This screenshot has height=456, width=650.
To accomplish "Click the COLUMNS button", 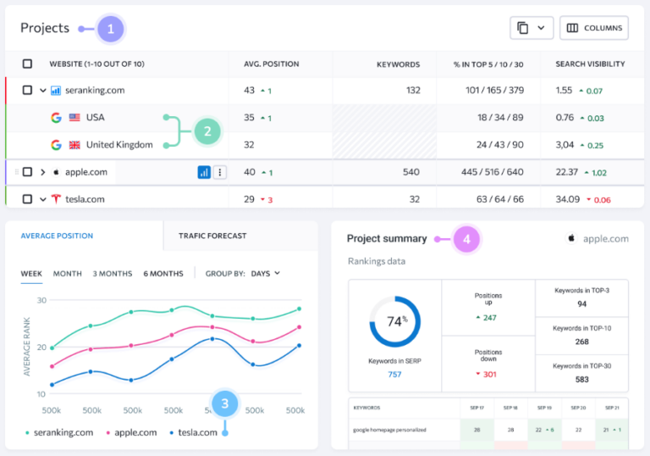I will pos(594,28).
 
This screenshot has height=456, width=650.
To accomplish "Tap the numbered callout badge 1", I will pos(110,29).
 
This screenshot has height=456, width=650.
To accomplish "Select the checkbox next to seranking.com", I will pos(28,90).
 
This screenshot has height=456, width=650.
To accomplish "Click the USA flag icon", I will pos(74,118).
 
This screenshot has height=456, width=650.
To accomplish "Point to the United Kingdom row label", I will pos(119,145).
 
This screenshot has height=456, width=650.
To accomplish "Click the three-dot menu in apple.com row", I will pos(220,172).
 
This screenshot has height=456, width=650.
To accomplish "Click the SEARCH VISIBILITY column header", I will pos(590,64).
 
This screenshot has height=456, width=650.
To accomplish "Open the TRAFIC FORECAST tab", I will pos(212,236).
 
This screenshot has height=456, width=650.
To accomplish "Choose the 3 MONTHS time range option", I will pos(113,274).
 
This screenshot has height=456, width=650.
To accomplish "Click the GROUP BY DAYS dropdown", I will pos(265,274).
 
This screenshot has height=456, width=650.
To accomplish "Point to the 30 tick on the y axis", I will pos(40,300).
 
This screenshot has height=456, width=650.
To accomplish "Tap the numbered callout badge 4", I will pos(465,240).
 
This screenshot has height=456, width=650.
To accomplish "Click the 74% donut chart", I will pos(394,321).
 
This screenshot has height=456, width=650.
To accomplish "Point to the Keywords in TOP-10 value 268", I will pos(581,342).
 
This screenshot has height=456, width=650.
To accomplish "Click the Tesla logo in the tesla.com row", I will pos(56,199).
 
